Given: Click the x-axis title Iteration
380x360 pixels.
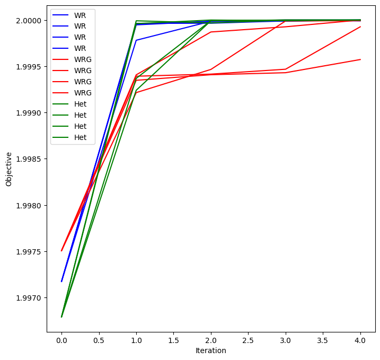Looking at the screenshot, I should (211, 350).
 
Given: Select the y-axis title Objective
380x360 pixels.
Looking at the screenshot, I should (9, 169).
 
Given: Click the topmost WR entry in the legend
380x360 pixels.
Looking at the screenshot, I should (80, 15).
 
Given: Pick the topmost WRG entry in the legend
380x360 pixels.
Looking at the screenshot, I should (83, 59).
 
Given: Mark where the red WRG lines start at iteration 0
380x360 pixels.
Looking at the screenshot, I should (62, 251).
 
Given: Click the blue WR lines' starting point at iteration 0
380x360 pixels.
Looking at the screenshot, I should (62, 282).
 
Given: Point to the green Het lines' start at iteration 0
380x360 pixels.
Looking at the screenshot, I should (62, 317).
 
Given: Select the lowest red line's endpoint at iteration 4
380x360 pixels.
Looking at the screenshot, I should (360, 59).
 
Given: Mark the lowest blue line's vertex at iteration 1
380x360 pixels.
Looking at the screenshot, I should (137, 40).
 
